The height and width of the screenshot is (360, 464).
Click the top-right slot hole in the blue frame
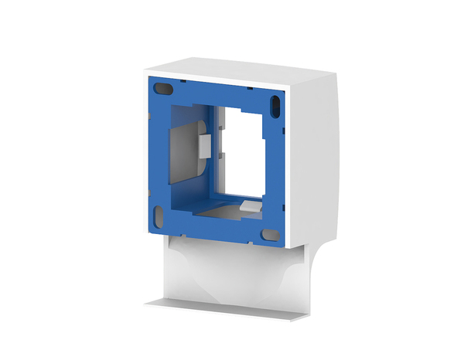click(x=275, y=102)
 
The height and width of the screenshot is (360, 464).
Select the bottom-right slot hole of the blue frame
click(x=271, y=234)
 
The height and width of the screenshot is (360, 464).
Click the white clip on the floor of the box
click(x=248, y=205)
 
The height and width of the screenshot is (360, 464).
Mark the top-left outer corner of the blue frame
click(x=146, y=76)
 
